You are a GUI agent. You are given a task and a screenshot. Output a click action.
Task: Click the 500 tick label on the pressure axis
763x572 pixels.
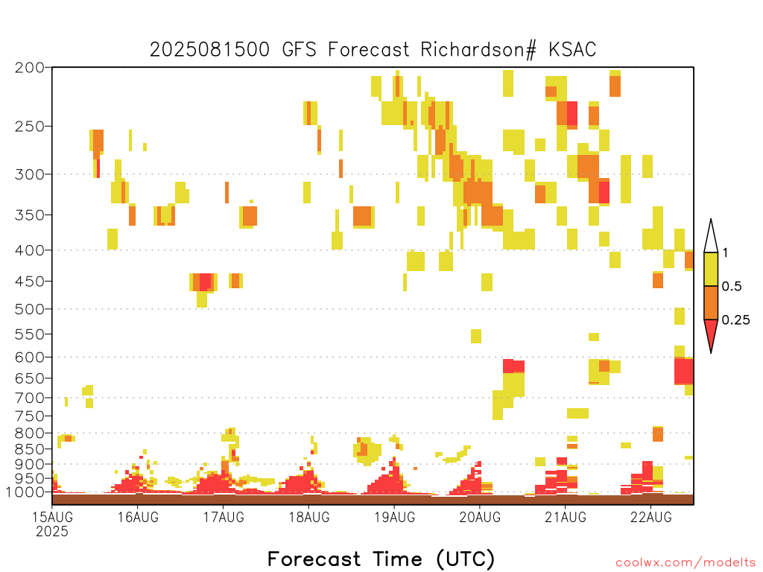click(29, 309)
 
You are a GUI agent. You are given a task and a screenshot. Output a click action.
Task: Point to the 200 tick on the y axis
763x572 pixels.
click(29, 68)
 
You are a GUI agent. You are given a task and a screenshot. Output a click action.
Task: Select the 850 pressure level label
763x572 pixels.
click(29, 449)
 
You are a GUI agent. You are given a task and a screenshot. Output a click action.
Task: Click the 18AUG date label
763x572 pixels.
click(309, 517)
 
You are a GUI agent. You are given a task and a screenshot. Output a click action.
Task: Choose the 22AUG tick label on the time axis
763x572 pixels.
click(651, 517)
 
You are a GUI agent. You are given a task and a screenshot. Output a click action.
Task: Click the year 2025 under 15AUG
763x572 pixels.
click(52, 532)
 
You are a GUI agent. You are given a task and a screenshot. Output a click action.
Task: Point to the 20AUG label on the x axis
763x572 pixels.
click(480, 517)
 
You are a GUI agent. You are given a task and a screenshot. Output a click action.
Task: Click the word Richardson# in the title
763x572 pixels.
click(478, 50)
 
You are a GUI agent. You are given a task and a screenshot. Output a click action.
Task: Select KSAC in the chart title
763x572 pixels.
click(572, 50)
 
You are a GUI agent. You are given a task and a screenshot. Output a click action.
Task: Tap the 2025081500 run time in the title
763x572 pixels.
click(209, 50)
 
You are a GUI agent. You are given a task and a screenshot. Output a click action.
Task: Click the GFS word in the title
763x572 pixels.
click(300, 50)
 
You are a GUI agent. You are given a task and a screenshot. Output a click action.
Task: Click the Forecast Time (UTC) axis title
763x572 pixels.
click(381, 559)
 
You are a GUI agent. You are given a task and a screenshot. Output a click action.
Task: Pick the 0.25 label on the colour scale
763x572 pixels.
click(735, 320)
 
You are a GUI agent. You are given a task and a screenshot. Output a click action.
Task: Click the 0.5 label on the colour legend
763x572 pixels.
click(732, 287)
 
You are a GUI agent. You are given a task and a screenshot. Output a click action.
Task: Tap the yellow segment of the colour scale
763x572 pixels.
click(711, 269)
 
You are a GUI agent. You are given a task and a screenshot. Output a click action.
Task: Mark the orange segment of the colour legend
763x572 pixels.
click(711, 302)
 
